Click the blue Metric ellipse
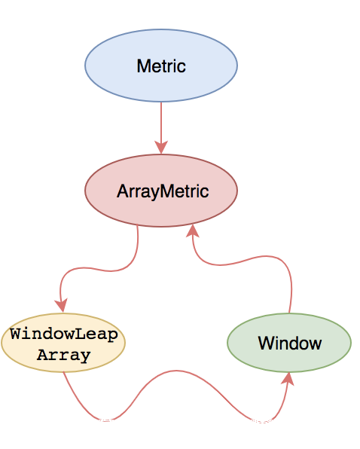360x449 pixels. coord(161,66)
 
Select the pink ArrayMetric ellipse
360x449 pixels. coord(161,191)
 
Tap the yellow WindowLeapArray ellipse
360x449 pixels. coord(63,343)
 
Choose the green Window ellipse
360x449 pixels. coord(289,343)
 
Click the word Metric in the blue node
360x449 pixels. coord(161,66)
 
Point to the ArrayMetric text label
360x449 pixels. coord(163,191)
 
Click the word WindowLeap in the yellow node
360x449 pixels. coord(64,334)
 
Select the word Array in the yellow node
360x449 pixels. coord(64,355)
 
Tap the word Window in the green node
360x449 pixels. coord(290,343)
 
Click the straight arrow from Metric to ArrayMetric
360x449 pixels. coord(161,128)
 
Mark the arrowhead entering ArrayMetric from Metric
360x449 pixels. coord(161,148)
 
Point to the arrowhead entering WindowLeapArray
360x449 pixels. coord(61,305)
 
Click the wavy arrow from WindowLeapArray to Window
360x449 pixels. coord(175,371)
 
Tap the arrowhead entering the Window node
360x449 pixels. coord(288,379)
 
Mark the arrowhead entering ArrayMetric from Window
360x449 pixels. coord(193,231)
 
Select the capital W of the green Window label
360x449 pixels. coord(267,343)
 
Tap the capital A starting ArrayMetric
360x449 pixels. coord(123,191)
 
